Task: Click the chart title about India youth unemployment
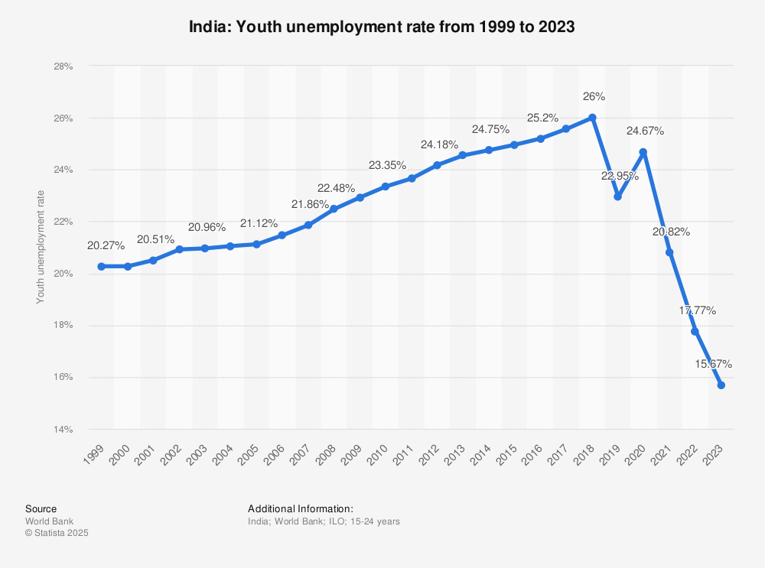(x=382, y=26)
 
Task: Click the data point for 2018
(x=592, y=118)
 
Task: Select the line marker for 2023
(x=721, y=385)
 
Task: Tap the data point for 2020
(x=643, y=152)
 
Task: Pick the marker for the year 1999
(x=101, y=266)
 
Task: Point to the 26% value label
(x=594, y=97)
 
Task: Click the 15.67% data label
(x=713, y=364)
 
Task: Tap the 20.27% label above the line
(x=106, y=245)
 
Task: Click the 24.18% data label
(x=439, y=144)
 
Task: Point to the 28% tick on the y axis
(x=63, y=67)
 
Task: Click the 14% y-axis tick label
(x=63, y=429)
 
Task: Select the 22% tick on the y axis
(x=63, y=222)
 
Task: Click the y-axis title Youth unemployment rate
(x=41, y=247)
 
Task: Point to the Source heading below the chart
(x=41, y=508)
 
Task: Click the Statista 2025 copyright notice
(x=57, y=533)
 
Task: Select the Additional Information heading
(x=300, y=508)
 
